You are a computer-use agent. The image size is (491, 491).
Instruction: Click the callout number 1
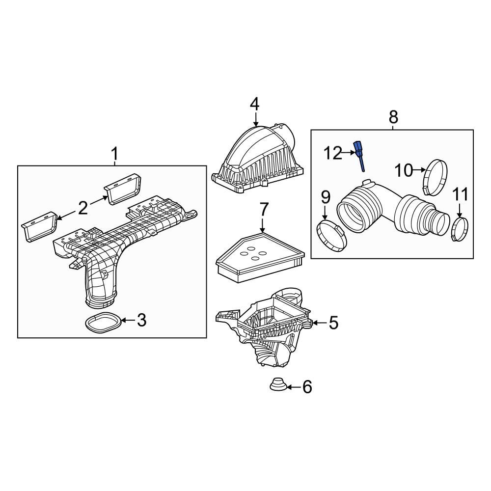(x=114, y=155)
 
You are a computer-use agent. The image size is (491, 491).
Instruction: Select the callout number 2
(x=82, y=208)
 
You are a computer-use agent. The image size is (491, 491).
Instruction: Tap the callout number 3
(x=141, y=321)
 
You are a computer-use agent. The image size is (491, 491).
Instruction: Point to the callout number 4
(x=254, y=104)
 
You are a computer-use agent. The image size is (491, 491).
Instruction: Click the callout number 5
(x=333, y=323)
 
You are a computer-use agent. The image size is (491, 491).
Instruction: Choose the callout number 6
(x=307, y=387)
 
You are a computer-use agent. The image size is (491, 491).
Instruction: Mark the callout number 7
(x=264, y=210)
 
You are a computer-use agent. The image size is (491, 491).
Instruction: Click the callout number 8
(x=393, y=117)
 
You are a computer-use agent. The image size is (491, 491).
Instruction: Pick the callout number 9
(x=325, y=198)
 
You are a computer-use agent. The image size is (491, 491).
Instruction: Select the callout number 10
(x=405, y=170)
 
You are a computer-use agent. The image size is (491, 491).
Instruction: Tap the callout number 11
(x=460, y=195)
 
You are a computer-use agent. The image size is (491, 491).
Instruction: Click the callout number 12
(x=332, y=153)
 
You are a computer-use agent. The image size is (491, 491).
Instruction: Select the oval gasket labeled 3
(x=103, y=323)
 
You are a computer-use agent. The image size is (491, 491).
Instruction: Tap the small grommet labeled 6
(x=278, y=384)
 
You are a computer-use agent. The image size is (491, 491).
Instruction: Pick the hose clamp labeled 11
(x=459, y=229)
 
